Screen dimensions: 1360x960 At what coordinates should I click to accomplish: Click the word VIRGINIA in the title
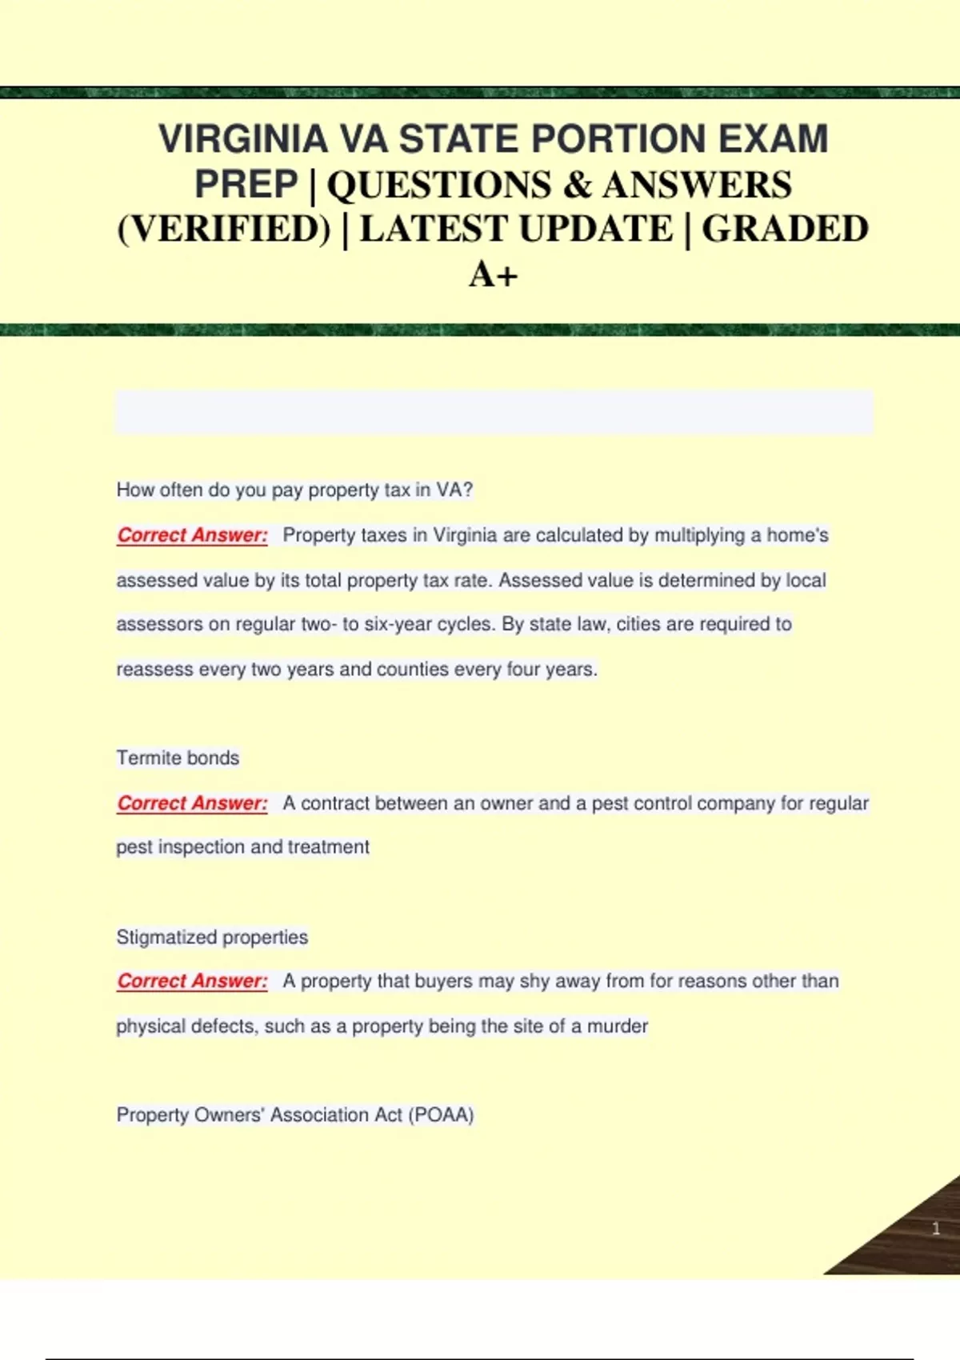pos(242,139)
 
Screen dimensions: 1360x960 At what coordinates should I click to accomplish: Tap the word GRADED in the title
pos(785,230)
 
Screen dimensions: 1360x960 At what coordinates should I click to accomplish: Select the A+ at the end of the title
pos(493,275)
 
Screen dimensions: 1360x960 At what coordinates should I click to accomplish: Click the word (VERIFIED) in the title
pos(224,230)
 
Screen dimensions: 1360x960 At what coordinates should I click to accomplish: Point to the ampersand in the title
pos(577,185)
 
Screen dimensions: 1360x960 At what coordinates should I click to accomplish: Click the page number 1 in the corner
pos(935,1229)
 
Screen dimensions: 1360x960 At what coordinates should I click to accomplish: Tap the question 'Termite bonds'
pos(178,758)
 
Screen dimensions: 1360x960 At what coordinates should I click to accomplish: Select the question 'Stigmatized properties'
pos(212,937)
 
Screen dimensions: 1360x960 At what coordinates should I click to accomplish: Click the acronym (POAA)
pos(441,1115)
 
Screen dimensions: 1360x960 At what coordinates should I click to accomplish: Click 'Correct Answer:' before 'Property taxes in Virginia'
pos(192,535)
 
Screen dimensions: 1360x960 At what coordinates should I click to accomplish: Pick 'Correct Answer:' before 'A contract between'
pos(192,803)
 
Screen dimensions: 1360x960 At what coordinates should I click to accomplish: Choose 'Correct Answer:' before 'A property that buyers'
pos(192,982)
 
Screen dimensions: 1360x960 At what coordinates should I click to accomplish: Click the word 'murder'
pos(617,1026)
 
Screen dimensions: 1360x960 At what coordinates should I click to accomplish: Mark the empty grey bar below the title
pos(494,411)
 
